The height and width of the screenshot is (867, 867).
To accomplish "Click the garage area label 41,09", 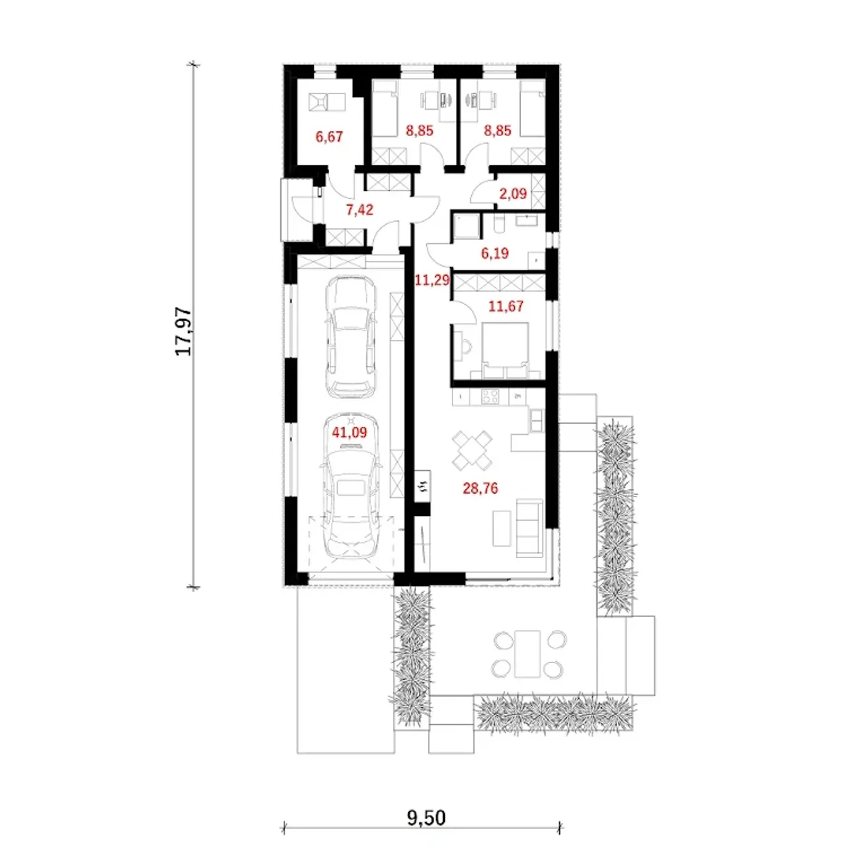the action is [x=349, y=432].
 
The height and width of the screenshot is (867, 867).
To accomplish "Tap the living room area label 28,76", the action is [x=480, y=488].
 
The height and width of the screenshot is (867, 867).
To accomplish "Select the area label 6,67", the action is [x=329, y=137].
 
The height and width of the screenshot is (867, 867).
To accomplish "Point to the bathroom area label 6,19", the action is [x=495, y=253].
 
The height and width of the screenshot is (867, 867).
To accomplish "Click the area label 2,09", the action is [x=513, y=194].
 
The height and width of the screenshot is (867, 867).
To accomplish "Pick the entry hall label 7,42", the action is [x=360, y=209].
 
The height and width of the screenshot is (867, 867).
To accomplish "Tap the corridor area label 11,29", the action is [x=432, y=280].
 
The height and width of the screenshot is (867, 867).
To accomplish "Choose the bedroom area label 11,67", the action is [x=506, y=306].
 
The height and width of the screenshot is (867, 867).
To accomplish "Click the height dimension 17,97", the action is [x=184, y=332].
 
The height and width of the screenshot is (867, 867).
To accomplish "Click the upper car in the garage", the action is [x=350, y=337].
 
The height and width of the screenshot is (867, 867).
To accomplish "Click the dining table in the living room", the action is [x=472, y=450].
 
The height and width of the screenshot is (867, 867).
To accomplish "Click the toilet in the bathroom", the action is [x=498, y=224].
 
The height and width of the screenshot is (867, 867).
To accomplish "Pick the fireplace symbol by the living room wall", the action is [x=423, y=486].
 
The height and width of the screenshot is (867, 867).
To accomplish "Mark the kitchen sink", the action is [x=537, y=420].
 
